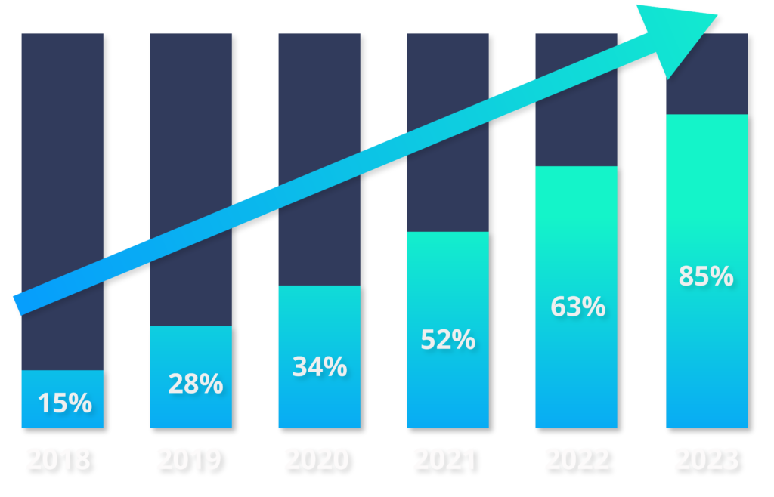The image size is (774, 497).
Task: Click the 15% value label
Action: click(64, 403)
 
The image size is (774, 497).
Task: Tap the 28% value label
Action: click(195, 384)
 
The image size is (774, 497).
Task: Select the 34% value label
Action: click(319, 366)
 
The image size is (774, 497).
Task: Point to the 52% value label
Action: click(447, 340)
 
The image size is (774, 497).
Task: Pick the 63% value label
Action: click(577, 307)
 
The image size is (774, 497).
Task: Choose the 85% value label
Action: click(706, 276)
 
